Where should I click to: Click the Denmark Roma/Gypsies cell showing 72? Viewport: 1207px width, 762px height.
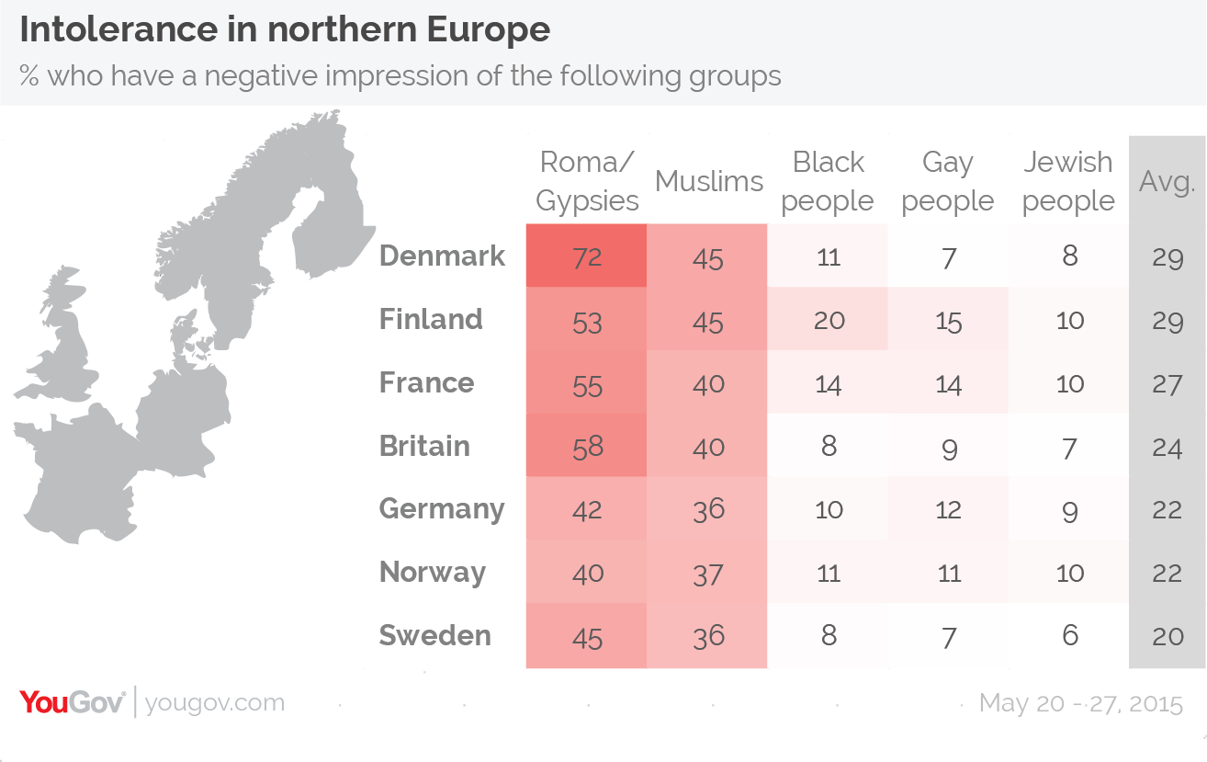(x=586, y=256)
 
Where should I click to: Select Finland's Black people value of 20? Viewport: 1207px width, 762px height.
(x=829, y=320)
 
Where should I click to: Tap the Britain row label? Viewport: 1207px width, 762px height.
(x=424, y=447)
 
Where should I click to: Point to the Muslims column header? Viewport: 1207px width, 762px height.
(x=708, y=181)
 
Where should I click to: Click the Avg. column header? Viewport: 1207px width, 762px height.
(x=1167, y=181)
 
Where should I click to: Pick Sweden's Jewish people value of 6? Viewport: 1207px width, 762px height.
(x=1069, y=636)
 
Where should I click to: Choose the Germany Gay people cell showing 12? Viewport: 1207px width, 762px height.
(x=948, y=510)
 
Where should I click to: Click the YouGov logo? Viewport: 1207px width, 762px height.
(x=72, y=703)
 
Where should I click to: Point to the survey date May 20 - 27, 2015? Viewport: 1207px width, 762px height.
(x=1081, y=704)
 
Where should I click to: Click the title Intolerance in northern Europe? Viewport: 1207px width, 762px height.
(x=285, y=30)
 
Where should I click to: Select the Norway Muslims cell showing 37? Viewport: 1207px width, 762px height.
(x=708, y=574)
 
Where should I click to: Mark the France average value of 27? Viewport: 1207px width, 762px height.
(x=1167, y=383)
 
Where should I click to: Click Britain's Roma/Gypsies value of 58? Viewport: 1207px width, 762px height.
(x=586, y=447)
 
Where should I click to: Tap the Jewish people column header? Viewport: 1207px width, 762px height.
(x=1068, y=181)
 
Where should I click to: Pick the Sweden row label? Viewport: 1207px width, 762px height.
(x=434, y=636)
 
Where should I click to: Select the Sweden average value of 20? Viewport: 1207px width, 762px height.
(x=1167, y=636)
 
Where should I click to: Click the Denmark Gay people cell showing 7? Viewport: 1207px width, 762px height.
(x=948, y=256)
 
